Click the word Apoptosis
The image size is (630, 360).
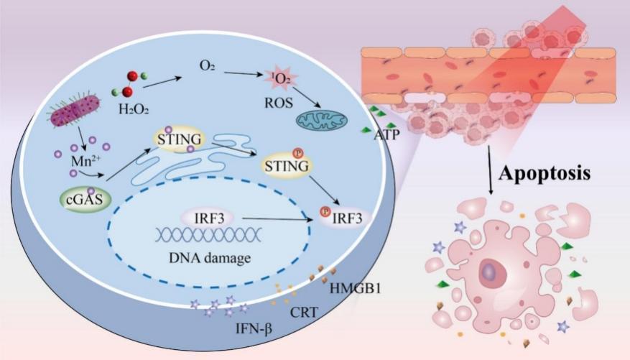coord(545,173)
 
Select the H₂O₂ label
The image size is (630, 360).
coord(134,109)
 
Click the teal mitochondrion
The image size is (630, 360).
coord(322,120)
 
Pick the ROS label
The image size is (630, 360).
coord(279,103)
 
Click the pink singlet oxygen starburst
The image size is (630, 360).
coord(280,78)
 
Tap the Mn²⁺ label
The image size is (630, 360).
coord(86,161)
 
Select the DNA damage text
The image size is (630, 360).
coord(210,257)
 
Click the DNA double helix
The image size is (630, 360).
coord(209,235)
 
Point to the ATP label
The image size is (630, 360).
coord(387,134)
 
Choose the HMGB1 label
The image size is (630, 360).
coord(355,288)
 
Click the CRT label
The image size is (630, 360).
coord(303,312)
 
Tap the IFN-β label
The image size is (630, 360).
coord(254,329)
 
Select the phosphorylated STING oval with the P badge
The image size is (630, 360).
coord(287,165)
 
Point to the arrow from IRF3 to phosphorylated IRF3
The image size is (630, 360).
coord(277,219)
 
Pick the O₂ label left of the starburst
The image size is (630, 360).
coord(207,65)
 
